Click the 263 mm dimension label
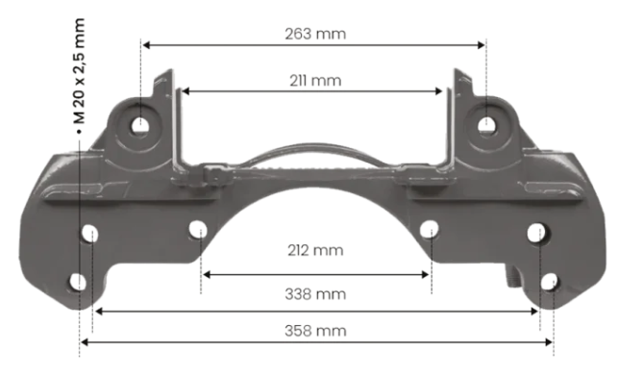(315, 34)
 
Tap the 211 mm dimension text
(314, 81)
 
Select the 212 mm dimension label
(315, 251)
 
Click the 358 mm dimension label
(315, 330)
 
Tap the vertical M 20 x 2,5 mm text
(79, 71)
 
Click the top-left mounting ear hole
(141, 125)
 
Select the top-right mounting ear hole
(488, 125)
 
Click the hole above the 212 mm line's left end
(199, 230)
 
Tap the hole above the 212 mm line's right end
(431, 230)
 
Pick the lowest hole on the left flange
(78, 283)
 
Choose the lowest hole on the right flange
(549, 283)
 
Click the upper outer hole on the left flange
(91, 233)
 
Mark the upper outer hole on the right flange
(537, 233)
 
